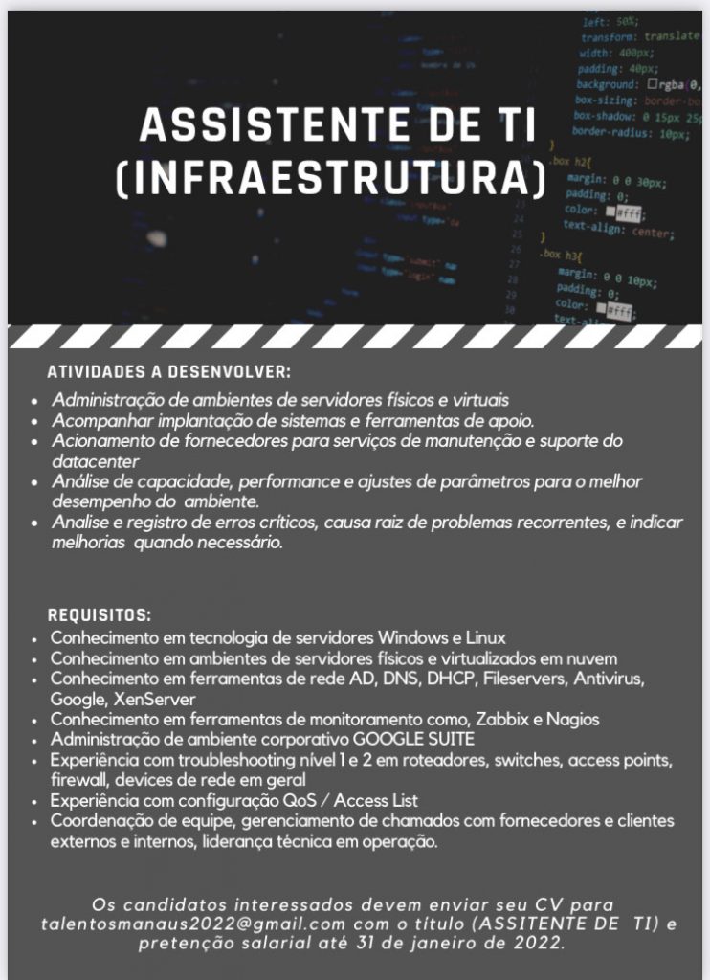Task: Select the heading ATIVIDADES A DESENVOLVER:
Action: click(x=168, y=371)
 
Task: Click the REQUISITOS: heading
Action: click(x=100, y=613)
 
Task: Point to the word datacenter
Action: click(x=92, y=459)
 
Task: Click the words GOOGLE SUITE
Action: click(x=414, y=740)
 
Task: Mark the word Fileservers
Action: click(x=526, y=679)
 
